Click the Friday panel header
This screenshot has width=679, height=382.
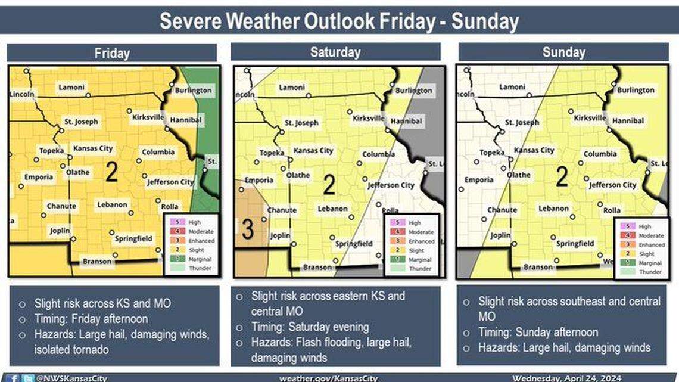111,53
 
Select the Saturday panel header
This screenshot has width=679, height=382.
335,52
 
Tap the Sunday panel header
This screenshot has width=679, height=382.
563,52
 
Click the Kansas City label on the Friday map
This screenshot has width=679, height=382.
94,148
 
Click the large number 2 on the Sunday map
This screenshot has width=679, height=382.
561,178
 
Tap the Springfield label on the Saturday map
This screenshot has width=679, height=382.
354,244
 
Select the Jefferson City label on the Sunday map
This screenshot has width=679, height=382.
613,185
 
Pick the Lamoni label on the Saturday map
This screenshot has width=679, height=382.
291,88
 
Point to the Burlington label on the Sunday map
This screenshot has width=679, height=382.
635,90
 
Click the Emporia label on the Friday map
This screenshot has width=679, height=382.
39,177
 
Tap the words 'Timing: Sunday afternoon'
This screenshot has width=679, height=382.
538,332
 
